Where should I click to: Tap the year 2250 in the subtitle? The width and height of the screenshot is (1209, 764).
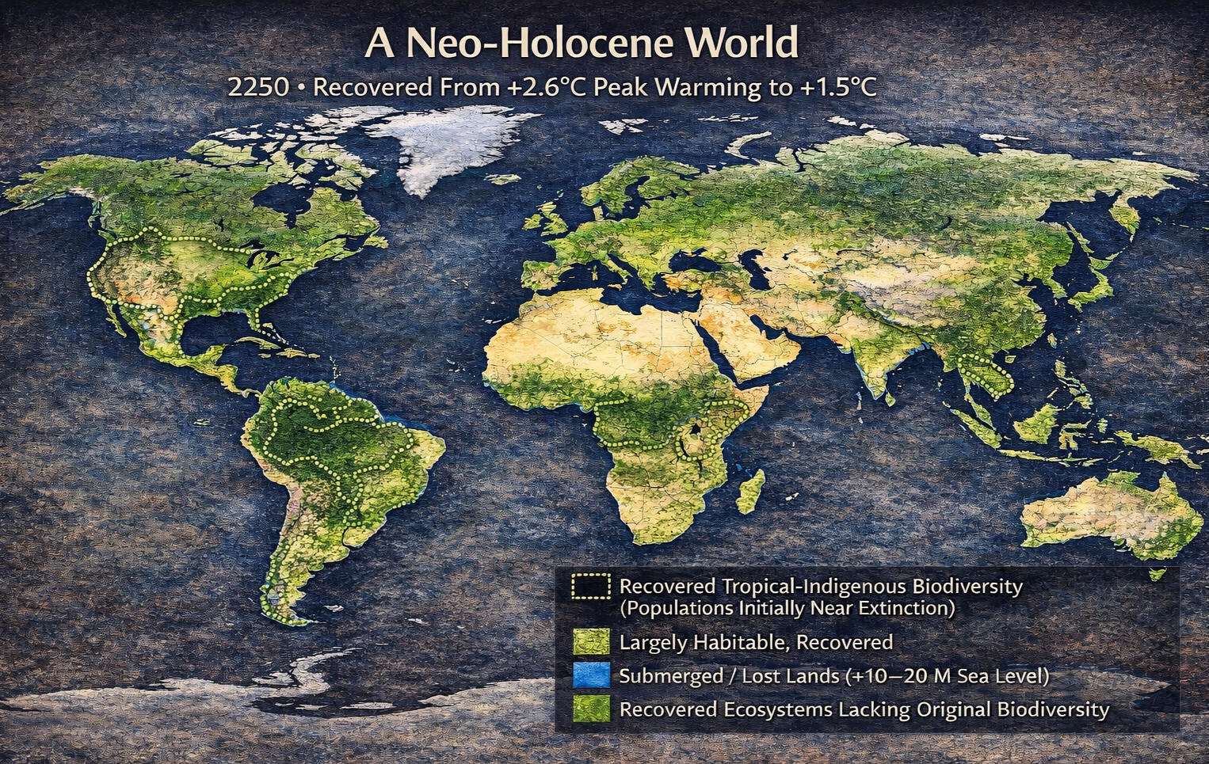[258, 86]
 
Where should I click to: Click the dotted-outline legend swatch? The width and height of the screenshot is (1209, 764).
[590, 587]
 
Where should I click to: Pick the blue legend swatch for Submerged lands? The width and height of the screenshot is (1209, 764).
[590, 675]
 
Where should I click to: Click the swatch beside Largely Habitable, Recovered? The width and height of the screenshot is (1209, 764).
[590, 641]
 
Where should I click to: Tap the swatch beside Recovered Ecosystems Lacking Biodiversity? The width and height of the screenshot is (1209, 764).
[590, 709]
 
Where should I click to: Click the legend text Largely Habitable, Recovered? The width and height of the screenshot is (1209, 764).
[755, 642]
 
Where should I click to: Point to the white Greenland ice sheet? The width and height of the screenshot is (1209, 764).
[448, 146]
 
